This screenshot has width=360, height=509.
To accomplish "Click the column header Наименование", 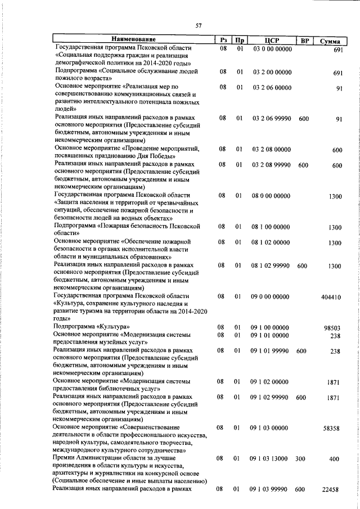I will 133,40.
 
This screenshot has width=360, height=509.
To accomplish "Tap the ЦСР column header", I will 272,40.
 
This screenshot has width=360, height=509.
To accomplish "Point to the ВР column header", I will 304,40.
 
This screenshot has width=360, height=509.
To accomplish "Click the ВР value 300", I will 300,459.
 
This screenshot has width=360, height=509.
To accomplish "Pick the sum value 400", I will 335,460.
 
